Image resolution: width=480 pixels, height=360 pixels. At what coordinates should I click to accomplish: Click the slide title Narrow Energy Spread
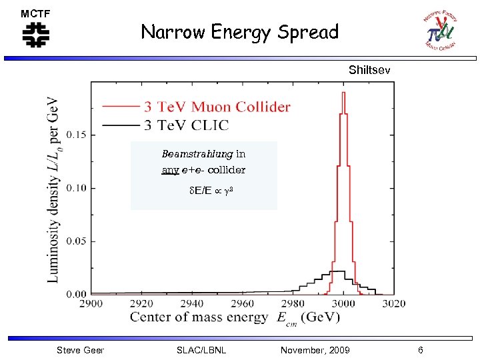click(x=239, y=32)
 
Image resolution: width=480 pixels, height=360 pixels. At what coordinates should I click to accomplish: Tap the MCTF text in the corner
click(x=35, y=13)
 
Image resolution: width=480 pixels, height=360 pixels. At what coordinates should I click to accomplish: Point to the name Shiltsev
click(x=369, y=70)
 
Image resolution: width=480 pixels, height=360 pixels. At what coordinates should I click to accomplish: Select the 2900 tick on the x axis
click(x=91, y=304)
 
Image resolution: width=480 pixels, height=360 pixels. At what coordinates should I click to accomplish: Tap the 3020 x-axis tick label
click(x=393, y=304)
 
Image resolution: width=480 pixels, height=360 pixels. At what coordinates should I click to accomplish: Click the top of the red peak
click(x=343, y=93)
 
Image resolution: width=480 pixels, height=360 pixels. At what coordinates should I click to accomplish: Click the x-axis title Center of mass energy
click(x=199, y=317)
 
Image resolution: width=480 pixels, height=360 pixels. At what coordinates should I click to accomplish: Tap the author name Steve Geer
click(x=80, y=350)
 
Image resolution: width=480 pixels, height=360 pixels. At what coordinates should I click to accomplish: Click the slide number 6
click(x=420, y=350)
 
